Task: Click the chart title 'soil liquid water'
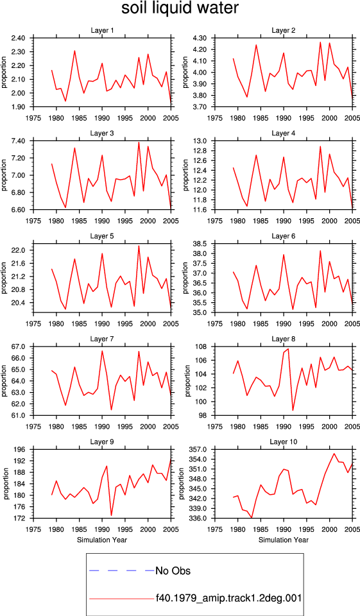[x=180, y=8]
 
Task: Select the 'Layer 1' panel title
[x=102, y=30]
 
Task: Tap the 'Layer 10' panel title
[x=284, y=442]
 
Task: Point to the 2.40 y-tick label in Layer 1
[x=18, y=38]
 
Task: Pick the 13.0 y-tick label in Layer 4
[x=201, y=141]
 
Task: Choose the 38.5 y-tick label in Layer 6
[x=201, y=244]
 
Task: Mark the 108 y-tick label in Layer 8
[x=202, y=347]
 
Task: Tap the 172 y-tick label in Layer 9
[x=21, y=518]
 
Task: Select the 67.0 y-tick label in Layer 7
[x=19, y=347]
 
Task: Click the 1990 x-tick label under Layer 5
[x=102, y=323]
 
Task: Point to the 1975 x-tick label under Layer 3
[x=33, y=221]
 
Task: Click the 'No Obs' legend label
[x=173, y=570]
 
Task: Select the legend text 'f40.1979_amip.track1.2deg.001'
[x=228, y=598]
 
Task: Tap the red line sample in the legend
[x=121, y=599]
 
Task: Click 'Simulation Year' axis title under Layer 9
[x=102, y=540]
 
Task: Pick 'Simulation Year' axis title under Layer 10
[x=284, y=540]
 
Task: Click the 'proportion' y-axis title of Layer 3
[x=4, y=175]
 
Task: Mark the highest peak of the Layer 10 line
[x=334, y=454]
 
